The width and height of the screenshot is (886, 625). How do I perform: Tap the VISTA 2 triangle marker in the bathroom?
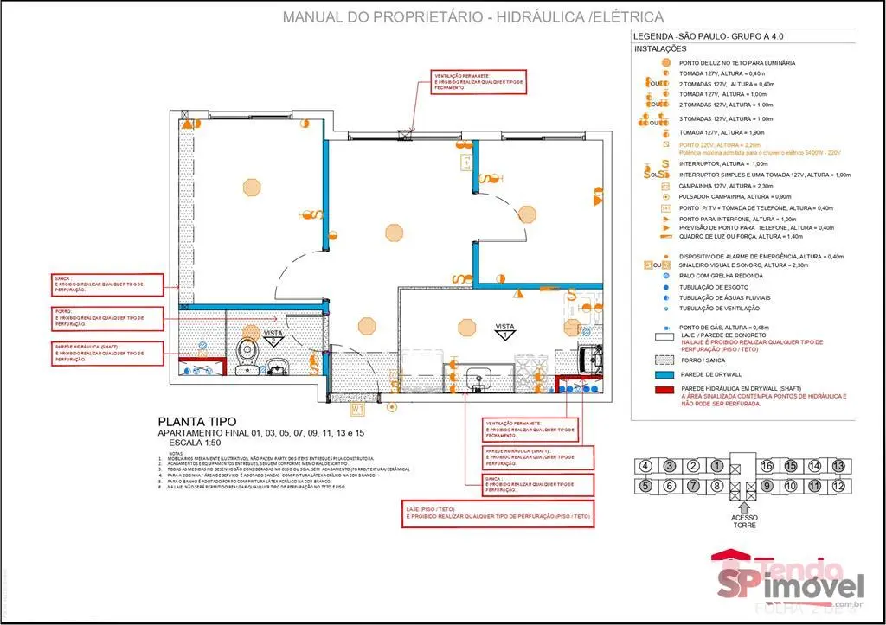[x=274, y=336]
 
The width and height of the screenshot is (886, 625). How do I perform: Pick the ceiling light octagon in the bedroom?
[x=251, y=187]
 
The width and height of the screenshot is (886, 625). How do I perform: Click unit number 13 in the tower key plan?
[x=838, y=466]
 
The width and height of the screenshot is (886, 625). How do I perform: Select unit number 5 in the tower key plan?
[x=645, y=486]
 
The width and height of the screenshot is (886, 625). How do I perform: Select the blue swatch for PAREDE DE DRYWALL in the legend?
[x=664, y=375]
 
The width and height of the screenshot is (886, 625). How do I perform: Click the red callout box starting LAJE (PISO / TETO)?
[x=498, y=512]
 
